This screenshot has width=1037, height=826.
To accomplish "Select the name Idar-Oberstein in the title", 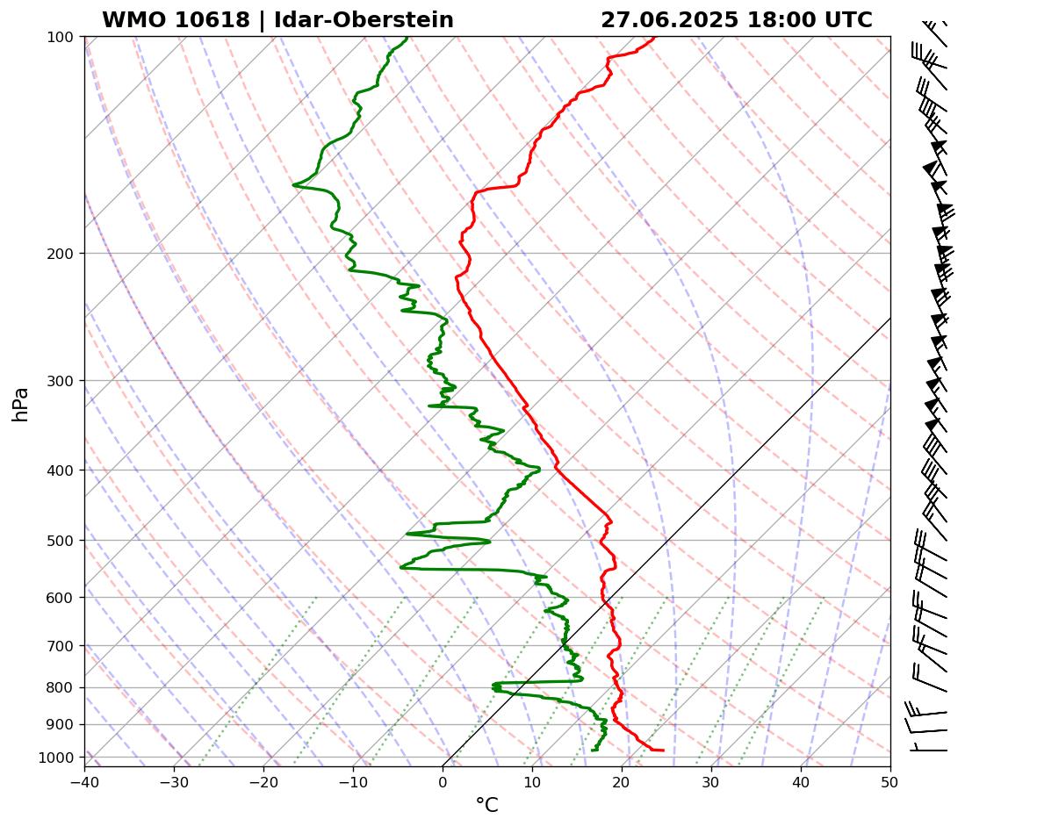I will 364,20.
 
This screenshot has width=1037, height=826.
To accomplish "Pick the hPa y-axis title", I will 20,404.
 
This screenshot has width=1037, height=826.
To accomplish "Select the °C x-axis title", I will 486,805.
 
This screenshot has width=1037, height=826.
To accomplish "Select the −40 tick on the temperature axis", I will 84,779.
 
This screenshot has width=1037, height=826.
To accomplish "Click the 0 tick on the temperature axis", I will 443,779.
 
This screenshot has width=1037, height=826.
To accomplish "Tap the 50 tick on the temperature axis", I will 890,779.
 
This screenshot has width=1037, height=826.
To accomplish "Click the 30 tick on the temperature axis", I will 711,779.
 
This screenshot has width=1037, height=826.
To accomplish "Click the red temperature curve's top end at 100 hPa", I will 653,37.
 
